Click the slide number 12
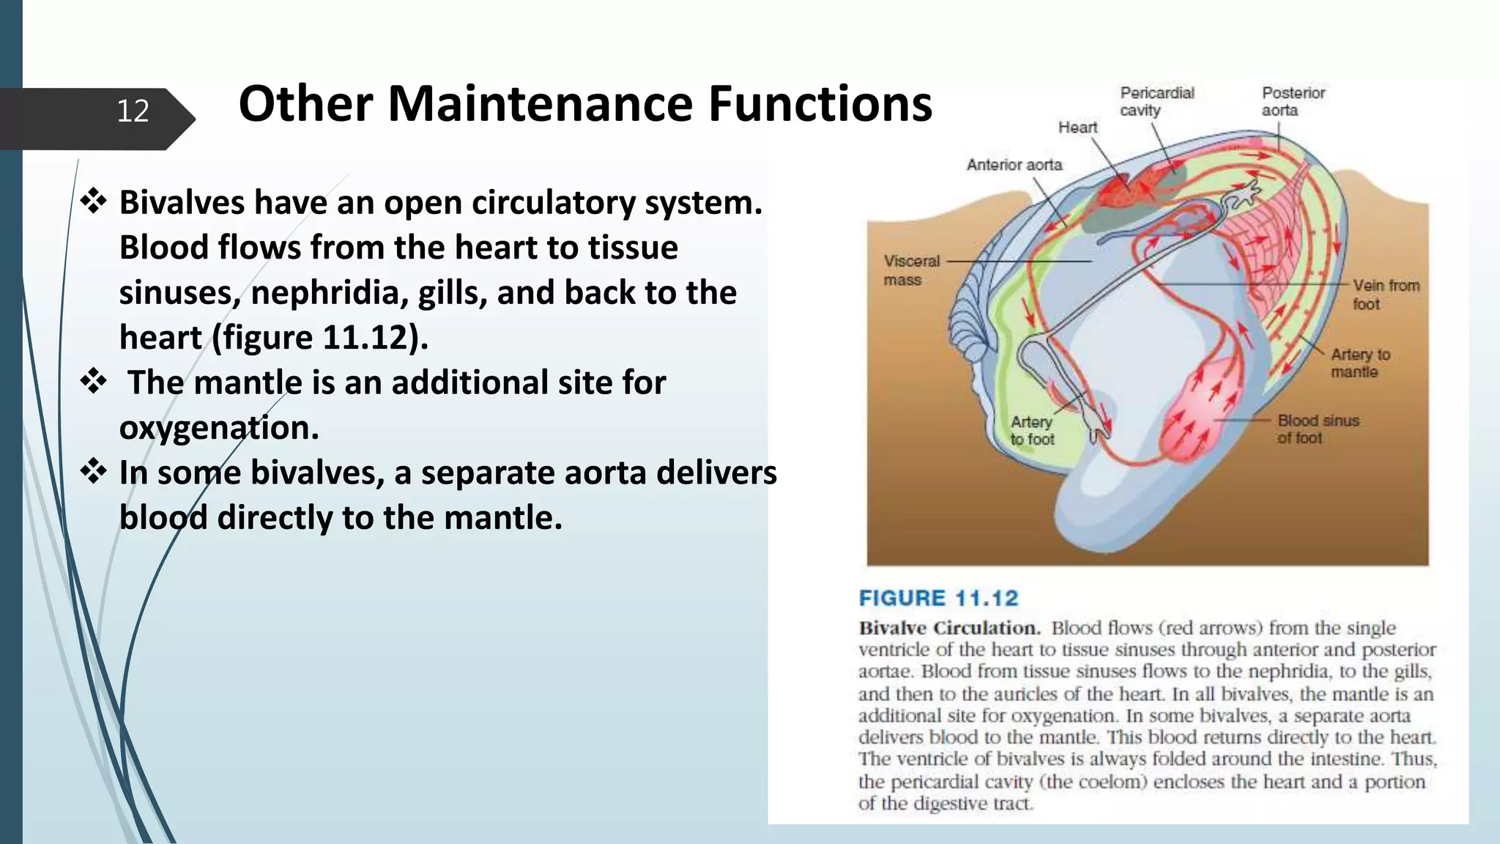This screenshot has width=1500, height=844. click(x=133, y=111)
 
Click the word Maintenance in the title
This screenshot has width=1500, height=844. click(x=540, y=104)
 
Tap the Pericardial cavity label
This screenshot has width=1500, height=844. click(x=1156, y=102)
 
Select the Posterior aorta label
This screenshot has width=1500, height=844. click(x=1293, y=102)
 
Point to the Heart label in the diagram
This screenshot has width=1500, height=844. click(x=1077, y=127)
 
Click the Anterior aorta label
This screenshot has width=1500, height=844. click(x=1014, y=165)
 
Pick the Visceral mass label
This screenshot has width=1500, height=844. click(x=910, y=270)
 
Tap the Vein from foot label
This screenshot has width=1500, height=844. click(x=1385, y=295)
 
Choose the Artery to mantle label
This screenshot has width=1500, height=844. click(x=1359, y=363)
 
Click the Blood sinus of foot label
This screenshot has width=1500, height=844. click(x=1318, y=429)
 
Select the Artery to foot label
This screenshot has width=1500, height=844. click(x=1032, y=431)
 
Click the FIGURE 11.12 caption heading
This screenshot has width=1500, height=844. click(x=938, y=599)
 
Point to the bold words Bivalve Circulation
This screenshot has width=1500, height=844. click(x=949, y=628)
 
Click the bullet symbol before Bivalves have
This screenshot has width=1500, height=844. click(x=94, y=201)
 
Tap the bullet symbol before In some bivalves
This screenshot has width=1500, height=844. click(x=94, y=472)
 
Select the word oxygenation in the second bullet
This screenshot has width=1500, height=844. click(x=219, y=427)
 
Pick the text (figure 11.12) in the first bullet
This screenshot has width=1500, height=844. click(x=320, y=338)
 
